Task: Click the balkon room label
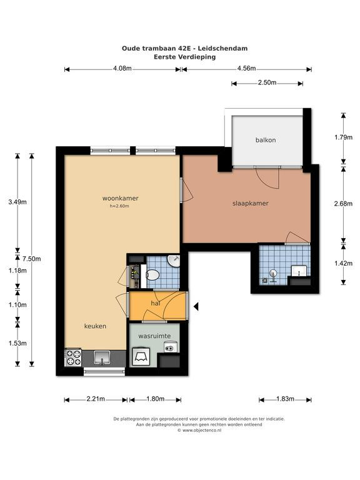click(266, 140)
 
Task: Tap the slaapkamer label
click(251, 203)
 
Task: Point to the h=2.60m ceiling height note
click(119, 206)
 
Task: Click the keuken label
click(95, 326)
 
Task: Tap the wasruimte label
click(154, 336)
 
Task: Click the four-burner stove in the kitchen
click(73, 357)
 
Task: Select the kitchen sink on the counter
click(102, 357)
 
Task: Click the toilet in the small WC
click(152, 274)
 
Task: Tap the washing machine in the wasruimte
click(141, 357)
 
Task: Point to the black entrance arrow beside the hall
click(196, 306)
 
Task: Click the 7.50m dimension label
click(31, 259)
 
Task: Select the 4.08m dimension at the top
click(122, 69)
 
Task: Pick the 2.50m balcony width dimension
click(267, 82)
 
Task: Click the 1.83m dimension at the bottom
click(285, 399)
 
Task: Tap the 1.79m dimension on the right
click(344, 137)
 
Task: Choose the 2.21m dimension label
click(96, 399)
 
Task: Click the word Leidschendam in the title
click(222, 48)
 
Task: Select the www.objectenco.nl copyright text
click(199, 430)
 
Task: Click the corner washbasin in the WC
click(174, 261)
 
